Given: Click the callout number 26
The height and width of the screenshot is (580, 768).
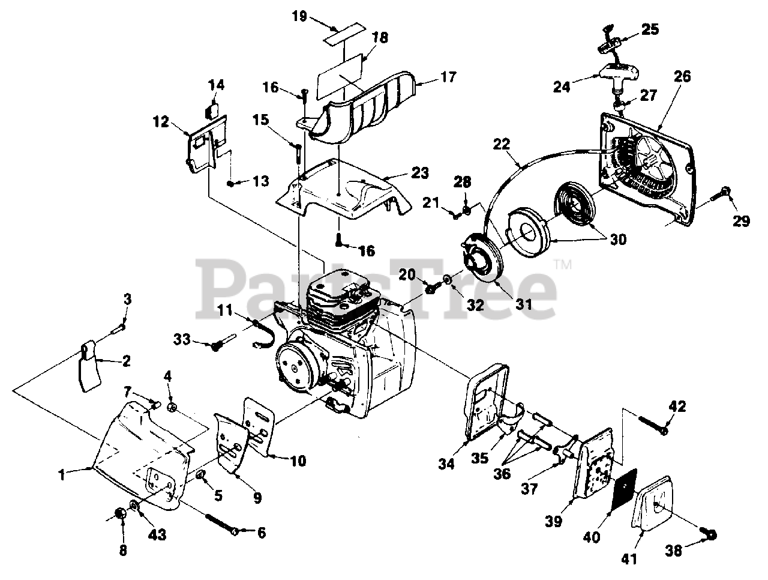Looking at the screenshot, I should coord(682,76).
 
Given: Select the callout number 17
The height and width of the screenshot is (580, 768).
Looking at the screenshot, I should coord(448,77).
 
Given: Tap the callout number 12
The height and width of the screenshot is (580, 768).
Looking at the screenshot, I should coord(160,121).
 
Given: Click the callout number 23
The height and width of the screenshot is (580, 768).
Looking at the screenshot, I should coord(420,174).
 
